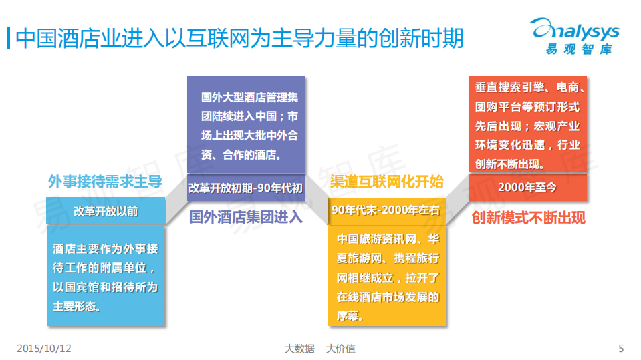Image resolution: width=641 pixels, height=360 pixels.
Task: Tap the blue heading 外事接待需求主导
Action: (x=105, y=182)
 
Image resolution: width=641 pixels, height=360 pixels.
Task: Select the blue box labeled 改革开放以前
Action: (x=106, y=211)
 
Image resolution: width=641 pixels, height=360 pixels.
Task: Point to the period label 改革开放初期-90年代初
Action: (x=245, y=188)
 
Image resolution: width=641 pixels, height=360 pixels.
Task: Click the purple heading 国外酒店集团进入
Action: (x=245, y=218)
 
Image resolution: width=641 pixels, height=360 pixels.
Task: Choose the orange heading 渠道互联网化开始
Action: (x=387, y=182)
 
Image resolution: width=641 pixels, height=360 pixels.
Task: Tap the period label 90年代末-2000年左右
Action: (x=387, y=210)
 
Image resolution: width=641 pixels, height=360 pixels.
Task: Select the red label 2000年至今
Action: (x=527, y=188)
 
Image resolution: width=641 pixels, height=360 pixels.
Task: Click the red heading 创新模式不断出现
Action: (x=527, y=218)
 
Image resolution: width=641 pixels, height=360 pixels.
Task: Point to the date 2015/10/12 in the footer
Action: (x=43, y=349)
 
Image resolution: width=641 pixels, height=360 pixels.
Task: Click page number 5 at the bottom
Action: (x=621, y=349)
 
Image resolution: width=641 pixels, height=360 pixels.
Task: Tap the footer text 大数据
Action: (x=299, y=349)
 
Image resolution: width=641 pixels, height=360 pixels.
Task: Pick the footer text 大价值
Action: (x=340, y=349)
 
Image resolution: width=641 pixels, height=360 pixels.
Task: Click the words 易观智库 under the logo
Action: (x=578, y=49)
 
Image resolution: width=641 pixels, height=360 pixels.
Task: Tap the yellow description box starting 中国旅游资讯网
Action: (x=387, y=277)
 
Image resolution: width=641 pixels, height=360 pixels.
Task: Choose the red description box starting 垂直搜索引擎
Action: (x=527, y=125)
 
